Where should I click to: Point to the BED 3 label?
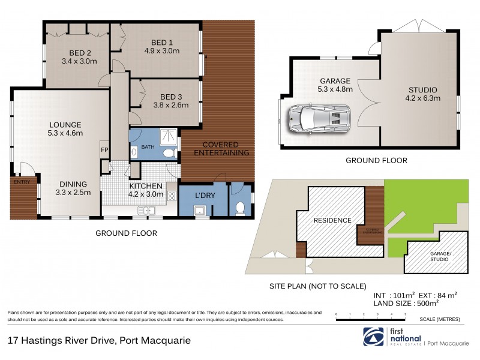170,97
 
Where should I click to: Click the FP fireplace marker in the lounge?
104,150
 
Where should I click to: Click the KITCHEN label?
146,185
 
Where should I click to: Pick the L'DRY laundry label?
202,196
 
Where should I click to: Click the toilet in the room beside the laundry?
240,208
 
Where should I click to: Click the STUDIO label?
420,89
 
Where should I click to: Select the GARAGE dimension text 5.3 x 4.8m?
335,91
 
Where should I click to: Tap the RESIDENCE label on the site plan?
332,220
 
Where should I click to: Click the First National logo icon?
371,336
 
